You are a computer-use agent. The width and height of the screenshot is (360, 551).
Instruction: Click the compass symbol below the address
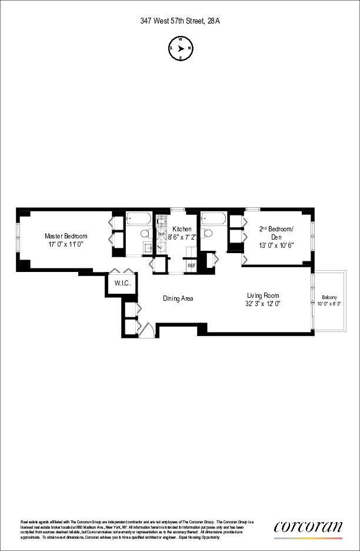tap(180, 49)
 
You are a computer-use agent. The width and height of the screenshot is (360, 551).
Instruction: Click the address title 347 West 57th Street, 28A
tap(180, 21)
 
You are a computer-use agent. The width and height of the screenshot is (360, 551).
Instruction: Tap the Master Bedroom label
tap(66, 236)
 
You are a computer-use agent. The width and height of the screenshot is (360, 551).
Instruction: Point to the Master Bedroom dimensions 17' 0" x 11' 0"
tap(66, 244)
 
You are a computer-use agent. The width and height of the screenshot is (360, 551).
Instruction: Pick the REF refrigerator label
tap(191, 265)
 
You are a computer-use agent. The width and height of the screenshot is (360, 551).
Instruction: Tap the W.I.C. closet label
tap(122, 284)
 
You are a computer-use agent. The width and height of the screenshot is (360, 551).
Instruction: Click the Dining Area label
tap(178, 298)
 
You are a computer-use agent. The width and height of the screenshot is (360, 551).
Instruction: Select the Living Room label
tap(263, 296)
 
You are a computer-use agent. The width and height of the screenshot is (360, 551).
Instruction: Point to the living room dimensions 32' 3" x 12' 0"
tap(263, 304)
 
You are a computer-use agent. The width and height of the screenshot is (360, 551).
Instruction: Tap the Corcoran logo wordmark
tap(308, 527)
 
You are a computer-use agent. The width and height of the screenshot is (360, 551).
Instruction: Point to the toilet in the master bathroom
tap(144, 234)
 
